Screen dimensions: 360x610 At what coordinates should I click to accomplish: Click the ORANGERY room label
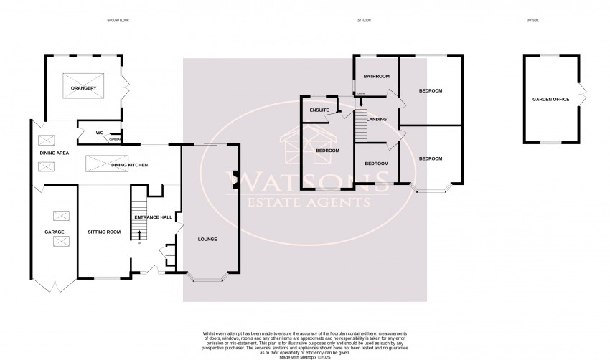(x=83, y=89)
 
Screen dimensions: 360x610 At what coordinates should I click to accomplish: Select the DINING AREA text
(x=54, y=152)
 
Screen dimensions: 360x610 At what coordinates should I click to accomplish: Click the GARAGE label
(x=55, y=232)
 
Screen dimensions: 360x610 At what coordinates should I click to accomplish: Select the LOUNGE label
(x=207, y=239)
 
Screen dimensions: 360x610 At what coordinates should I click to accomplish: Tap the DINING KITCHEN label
(x=129, y=166)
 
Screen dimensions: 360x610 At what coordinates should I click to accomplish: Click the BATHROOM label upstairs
(x=375, y=76)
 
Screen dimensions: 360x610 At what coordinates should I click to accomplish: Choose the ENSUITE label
(x=319, y=110)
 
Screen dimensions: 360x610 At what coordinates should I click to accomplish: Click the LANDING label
(x=377, y=119)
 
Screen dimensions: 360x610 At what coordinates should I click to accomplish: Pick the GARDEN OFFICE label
(x=550, y=99)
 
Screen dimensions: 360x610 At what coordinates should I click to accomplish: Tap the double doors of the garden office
(x=583, y=93)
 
